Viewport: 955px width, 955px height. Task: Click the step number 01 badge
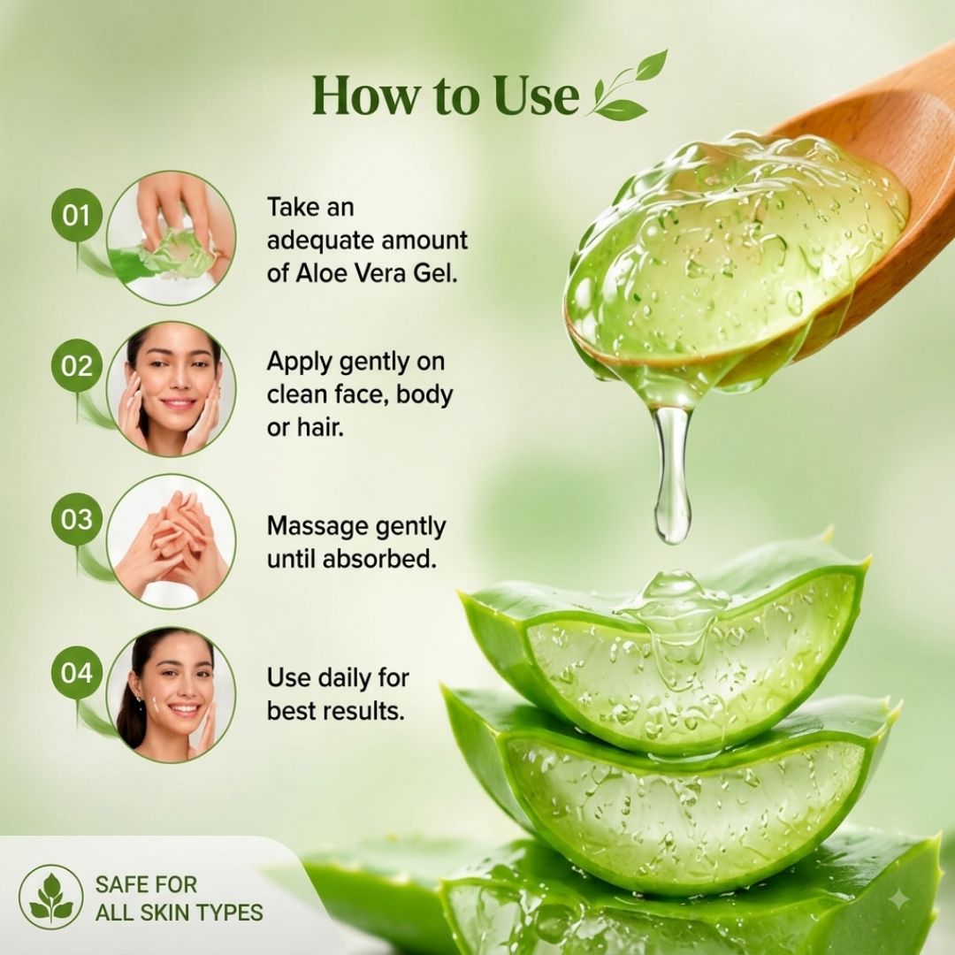tap(76, 215)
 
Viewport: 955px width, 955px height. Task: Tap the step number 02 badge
tap(76, 365)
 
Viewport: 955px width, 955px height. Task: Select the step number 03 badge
tap(76, 519)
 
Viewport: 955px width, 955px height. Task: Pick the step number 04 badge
tap(76, 672)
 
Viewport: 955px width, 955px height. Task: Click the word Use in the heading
tap(536, 96)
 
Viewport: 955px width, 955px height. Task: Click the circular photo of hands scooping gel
tap(172, 238)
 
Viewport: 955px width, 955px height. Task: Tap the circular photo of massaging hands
tap(172, 541)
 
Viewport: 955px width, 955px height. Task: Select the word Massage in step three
tap(317, 527)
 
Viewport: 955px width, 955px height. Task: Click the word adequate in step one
tap(317, 241)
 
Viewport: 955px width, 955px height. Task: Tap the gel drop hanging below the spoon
tap(672, 475)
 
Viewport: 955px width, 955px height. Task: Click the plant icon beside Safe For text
tap(50, 898)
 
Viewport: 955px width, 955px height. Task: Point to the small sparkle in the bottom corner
tap(898, 900)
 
